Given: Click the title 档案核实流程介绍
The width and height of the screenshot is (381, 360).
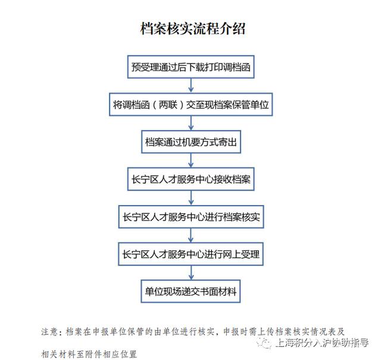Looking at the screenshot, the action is pos(193,29).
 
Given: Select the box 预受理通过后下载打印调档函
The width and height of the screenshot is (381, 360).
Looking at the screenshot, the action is pos(190,67).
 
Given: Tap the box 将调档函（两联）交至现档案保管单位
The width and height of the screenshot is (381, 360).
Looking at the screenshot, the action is pos(190,104).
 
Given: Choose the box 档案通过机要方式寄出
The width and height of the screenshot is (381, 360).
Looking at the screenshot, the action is pos(191,142).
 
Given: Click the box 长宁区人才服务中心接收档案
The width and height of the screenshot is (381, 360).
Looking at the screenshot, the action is pos(190,179).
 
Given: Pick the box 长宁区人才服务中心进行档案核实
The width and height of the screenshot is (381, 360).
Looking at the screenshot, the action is pos(191,217).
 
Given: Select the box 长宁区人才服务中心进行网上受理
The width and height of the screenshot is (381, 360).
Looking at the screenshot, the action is pos(190,254).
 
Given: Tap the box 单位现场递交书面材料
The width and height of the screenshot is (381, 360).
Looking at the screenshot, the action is pos(190,291).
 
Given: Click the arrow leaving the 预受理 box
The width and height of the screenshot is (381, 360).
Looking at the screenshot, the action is pos(191,85).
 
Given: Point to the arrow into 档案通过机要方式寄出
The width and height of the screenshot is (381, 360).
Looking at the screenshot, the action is pos(191,123).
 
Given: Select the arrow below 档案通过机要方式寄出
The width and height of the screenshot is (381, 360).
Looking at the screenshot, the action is pos(191,160).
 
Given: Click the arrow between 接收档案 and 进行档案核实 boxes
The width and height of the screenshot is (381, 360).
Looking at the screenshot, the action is pos(191,198).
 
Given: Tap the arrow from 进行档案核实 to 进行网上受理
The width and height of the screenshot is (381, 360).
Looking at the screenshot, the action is pos(191,235).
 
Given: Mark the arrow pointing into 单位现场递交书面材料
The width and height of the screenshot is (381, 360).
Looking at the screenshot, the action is pos(191,272).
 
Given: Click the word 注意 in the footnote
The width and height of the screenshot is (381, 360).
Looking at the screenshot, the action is pos(49,331).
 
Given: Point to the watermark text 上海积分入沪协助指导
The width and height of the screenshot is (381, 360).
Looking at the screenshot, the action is pos(323,343).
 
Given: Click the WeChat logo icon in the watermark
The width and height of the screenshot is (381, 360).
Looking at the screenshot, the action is pos(264,342).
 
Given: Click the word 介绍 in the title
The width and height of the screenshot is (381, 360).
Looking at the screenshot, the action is pos(233,29).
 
